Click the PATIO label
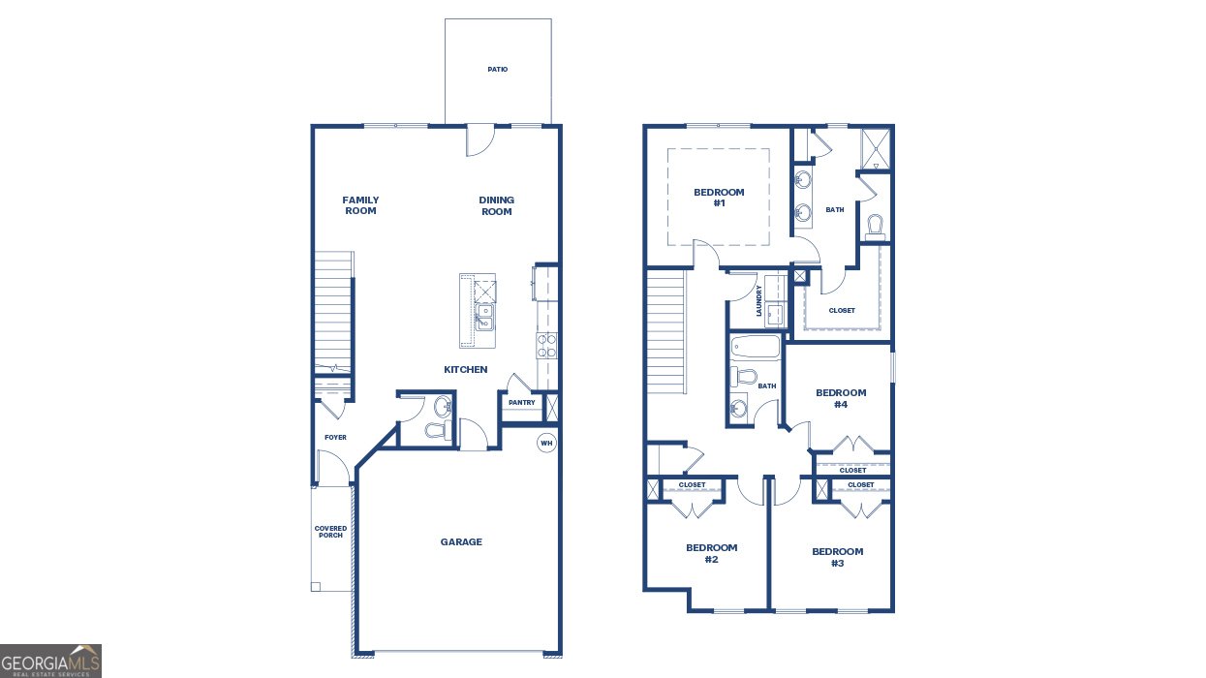coord(497,70)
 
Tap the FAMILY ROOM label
coord(360,205)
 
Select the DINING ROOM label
coord(496,205)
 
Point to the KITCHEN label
coord(465,370)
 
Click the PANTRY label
coord(521,403)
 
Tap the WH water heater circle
coord(546,444)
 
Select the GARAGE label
coord(461,542)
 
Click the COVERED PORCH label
coord(330,532)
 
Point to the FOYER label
coord(335,438)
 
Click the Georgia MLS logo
coord(50,661)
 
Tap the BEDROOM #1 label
coord(719,198)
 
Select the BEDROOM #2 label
coord(711,554)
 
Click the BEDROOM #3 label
coord(837,557)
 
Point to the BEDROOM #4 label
coord(841,398)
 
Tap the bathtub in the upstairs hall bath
coord(756,347)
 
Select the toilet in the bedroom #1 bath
coord(876,227)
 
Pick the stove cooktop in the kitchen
coord(546,346)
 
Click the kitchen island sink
coord(482,317)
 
